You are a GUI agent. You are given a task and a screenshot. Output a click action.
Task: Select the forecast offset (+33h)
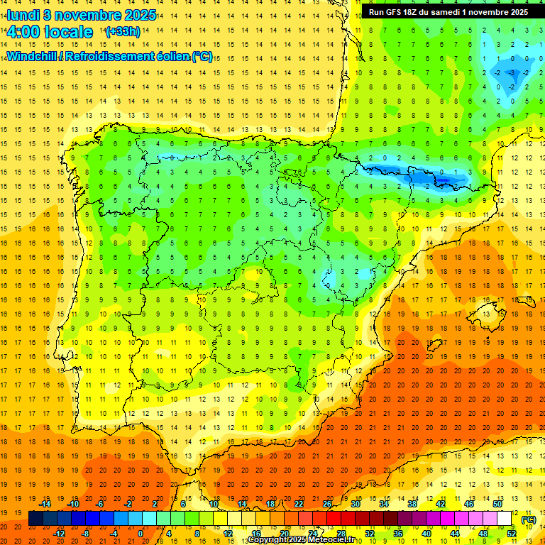tap(122, 32)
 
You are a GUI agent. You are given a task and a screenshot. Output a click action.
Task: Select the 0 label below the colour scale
tap(141, 534)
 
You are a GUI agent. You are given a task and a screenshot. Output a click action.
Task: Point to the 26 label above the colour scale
tap(327, 503)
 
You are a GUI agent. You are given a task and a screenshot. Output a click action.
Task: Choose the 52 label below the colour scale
tap(512, 534)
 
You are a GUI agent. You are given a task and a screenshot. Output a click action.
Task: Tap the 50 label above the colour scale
tap(497, 503)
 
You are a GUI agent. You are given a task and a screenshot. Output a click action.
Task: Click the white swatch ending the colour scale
tap(505, 519)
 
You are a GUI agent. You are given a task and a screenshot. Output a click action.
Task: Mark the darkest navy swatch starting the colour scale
tap(35, 519)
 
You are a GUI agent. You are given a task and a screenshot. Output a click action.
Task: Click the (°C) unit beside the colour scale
tap(528, 519)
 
